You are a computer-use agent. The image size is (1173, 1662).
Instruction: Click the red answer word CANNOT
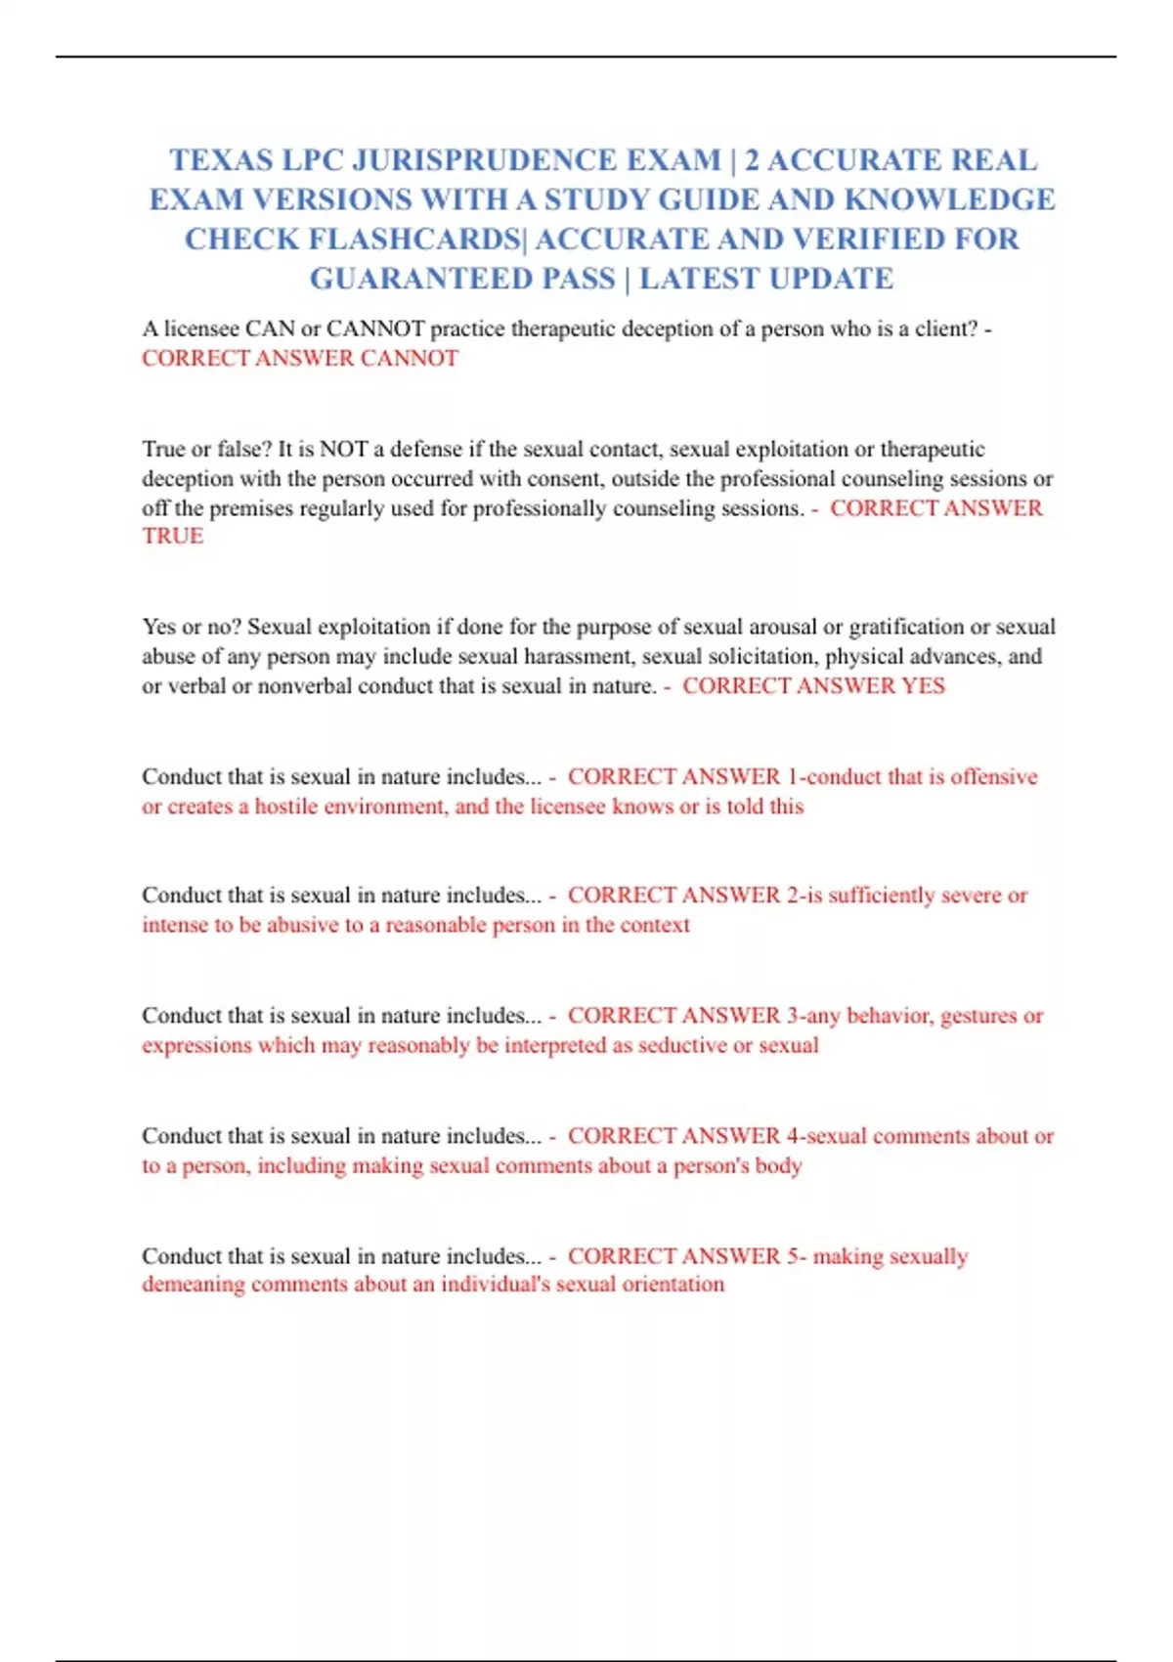(x=409, y=359)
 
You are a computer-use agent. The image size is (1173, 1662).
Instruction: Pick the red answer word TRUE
(x=172, y=536)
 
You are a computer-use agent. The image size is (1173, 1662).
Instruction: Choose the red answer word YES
(x=923, y=686)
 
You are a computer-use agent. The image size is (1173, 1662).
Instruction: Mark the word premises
(x=252, y=508)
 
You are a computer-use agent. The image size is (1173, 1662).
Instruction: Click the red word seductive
(x=682, y=1045)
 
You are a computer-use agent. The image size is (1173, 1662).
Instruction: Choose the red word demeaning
(x=193, y=1285)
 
